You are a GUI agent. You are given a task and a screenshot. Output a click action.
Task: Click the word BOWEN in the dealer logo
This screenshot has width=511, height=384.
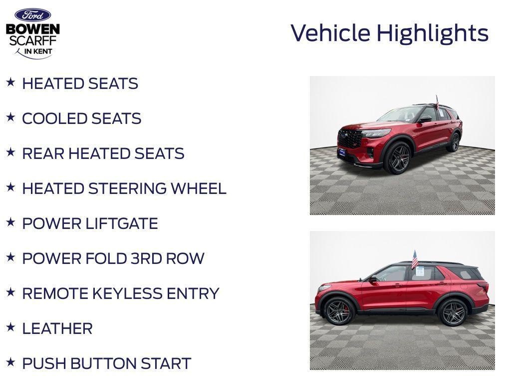pyautogui.click(x=33, y=29)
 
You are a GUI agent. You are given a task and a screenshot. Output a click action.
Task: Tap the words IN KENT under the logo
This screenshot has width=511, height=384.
pyautogui.click(x=38, y=51)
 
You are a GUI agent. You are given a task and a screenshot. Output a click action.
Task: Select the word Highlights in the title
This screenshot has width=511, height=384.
pyautogui.click(x=432, y=33)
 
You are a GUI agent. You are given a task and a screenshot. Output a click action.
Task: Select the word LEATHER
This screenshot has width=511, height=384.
pyautogui.click(x=57, y=328)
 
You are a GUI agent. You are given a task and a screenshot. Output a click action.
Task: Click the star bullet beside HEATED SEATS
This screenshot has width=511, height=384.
pyautogui.click(x=10, y=82)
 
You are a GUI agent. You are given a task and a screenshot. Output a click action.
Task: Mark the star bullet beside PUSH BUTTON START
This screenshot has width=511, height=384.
pyautogui.click(x=10, y=362)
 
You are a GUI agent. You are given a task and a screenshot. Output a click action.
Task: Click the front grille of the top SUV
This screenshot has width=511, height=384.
pyautogui.click(x=350, y=138)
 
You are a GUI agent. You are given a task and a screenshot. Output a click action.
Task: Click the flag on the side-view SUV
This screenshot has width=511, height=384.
pyautogui.click(x=414, y=259)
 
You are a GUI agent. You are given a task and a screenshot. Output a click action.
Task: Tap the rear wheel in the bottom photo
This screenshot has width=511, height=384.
pyautogui.click(x=453, y=312)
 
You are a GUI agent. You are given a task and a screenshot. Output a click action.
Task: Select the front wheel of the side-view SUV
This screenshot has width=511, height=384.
pyautogui.click(x=339, y=311)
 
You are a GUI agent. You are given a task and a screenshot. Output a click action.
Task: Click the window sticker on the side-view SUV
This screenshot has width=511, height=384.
pyautogui.click(x=420, y=271)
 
